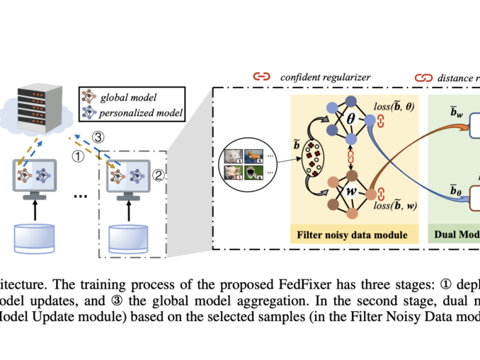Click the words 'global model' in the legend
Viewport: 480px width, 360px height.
(130, 97)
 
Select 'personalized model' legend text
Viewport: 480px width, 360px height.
(141, 112)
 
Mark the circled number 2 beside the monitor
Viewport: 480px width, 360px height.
(160, 171)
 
